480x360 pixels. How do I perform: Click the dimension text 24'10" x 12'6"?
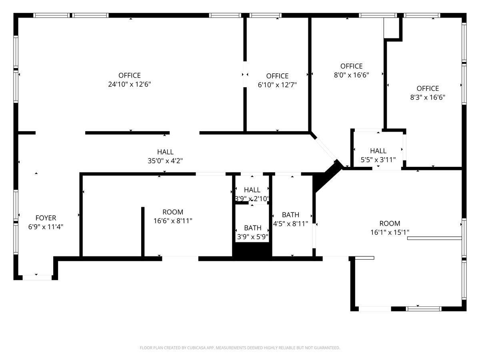(x=129, y=84)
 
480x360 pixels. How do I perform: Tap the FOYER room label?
(x=46, y=218)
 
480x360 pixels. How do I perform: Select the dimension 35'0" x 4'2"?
(x=165, y=161)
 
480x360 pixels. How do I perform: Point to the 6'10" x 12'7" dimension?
(x=277, y=85)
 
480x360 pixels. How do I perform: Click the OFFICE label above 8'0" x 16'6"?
(x=351, y=66)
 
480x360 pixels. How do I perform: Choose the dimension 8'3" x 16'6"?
(x=428, y=97)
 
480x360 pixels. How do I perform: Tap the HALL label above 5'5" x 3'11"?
(x=378, y=151)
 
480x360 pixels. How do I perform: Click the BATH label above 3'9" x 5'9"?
(x=252, y=228)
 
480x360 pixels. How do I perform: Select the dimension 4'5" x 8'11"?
(x=290, y=224)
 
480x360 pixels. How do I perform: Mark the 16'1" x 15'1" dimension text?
(x=390, y=232)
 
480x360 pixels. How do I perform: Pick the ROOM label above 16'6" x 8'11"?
(x=173, y=212)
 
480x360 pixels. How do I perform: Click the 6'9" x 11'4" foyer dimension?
(x=46, y=227)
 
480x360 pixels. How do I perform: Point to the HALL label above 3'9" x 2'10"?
(x=252, y=190)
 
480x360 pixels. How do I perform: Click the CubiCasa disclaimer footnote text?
(x=240, y=348)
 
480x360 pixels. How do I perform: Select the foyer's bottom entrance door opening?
(x=37, y=277)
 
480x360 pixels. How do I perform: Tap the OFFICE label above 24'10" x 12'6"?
(x=129, y=75)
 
